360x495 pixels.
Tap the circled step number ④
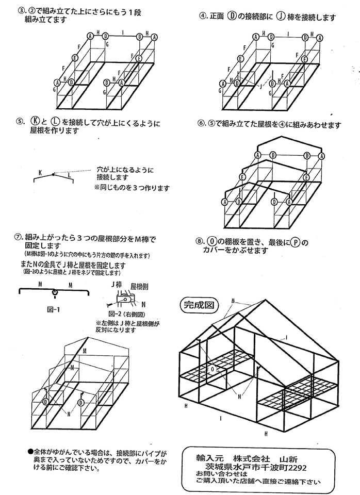pos(203,16)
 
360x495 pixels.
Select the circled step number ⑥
pos(202,124)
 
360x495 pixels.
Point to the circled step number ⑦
pos(19,237)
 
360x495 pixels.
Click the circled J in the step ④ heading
pos(280,16)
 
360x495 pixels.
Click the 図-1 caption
pos(54,310)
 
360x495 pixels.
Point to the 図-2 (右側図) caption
pos(125,313)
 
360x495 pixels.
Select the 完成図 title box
pos(199,305)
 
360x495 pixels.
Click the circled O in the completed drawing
pos(212,369)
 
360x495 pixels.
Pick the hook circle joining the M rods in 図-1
pos(55,294)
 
